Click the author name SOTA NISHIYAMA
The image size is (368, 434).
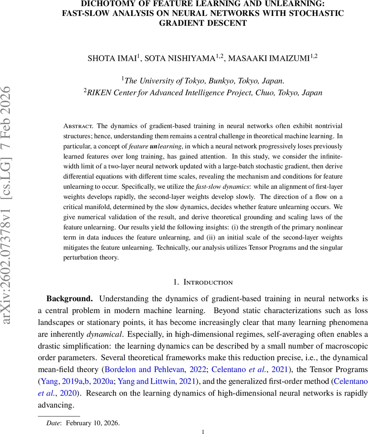pyautogui.click(x=180, y=59)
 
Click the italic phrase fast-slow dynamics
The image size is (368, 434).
pyautogui.click(x=222, y=187)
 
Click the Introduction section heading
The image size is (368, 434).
pyautogui.click(x=208, y=282)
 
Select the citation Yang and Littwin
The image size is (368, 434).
pyautogui.click(x=157, y=381)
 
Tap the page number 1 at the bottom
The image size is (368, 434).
pyautogui.click(x=203, y=431)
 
